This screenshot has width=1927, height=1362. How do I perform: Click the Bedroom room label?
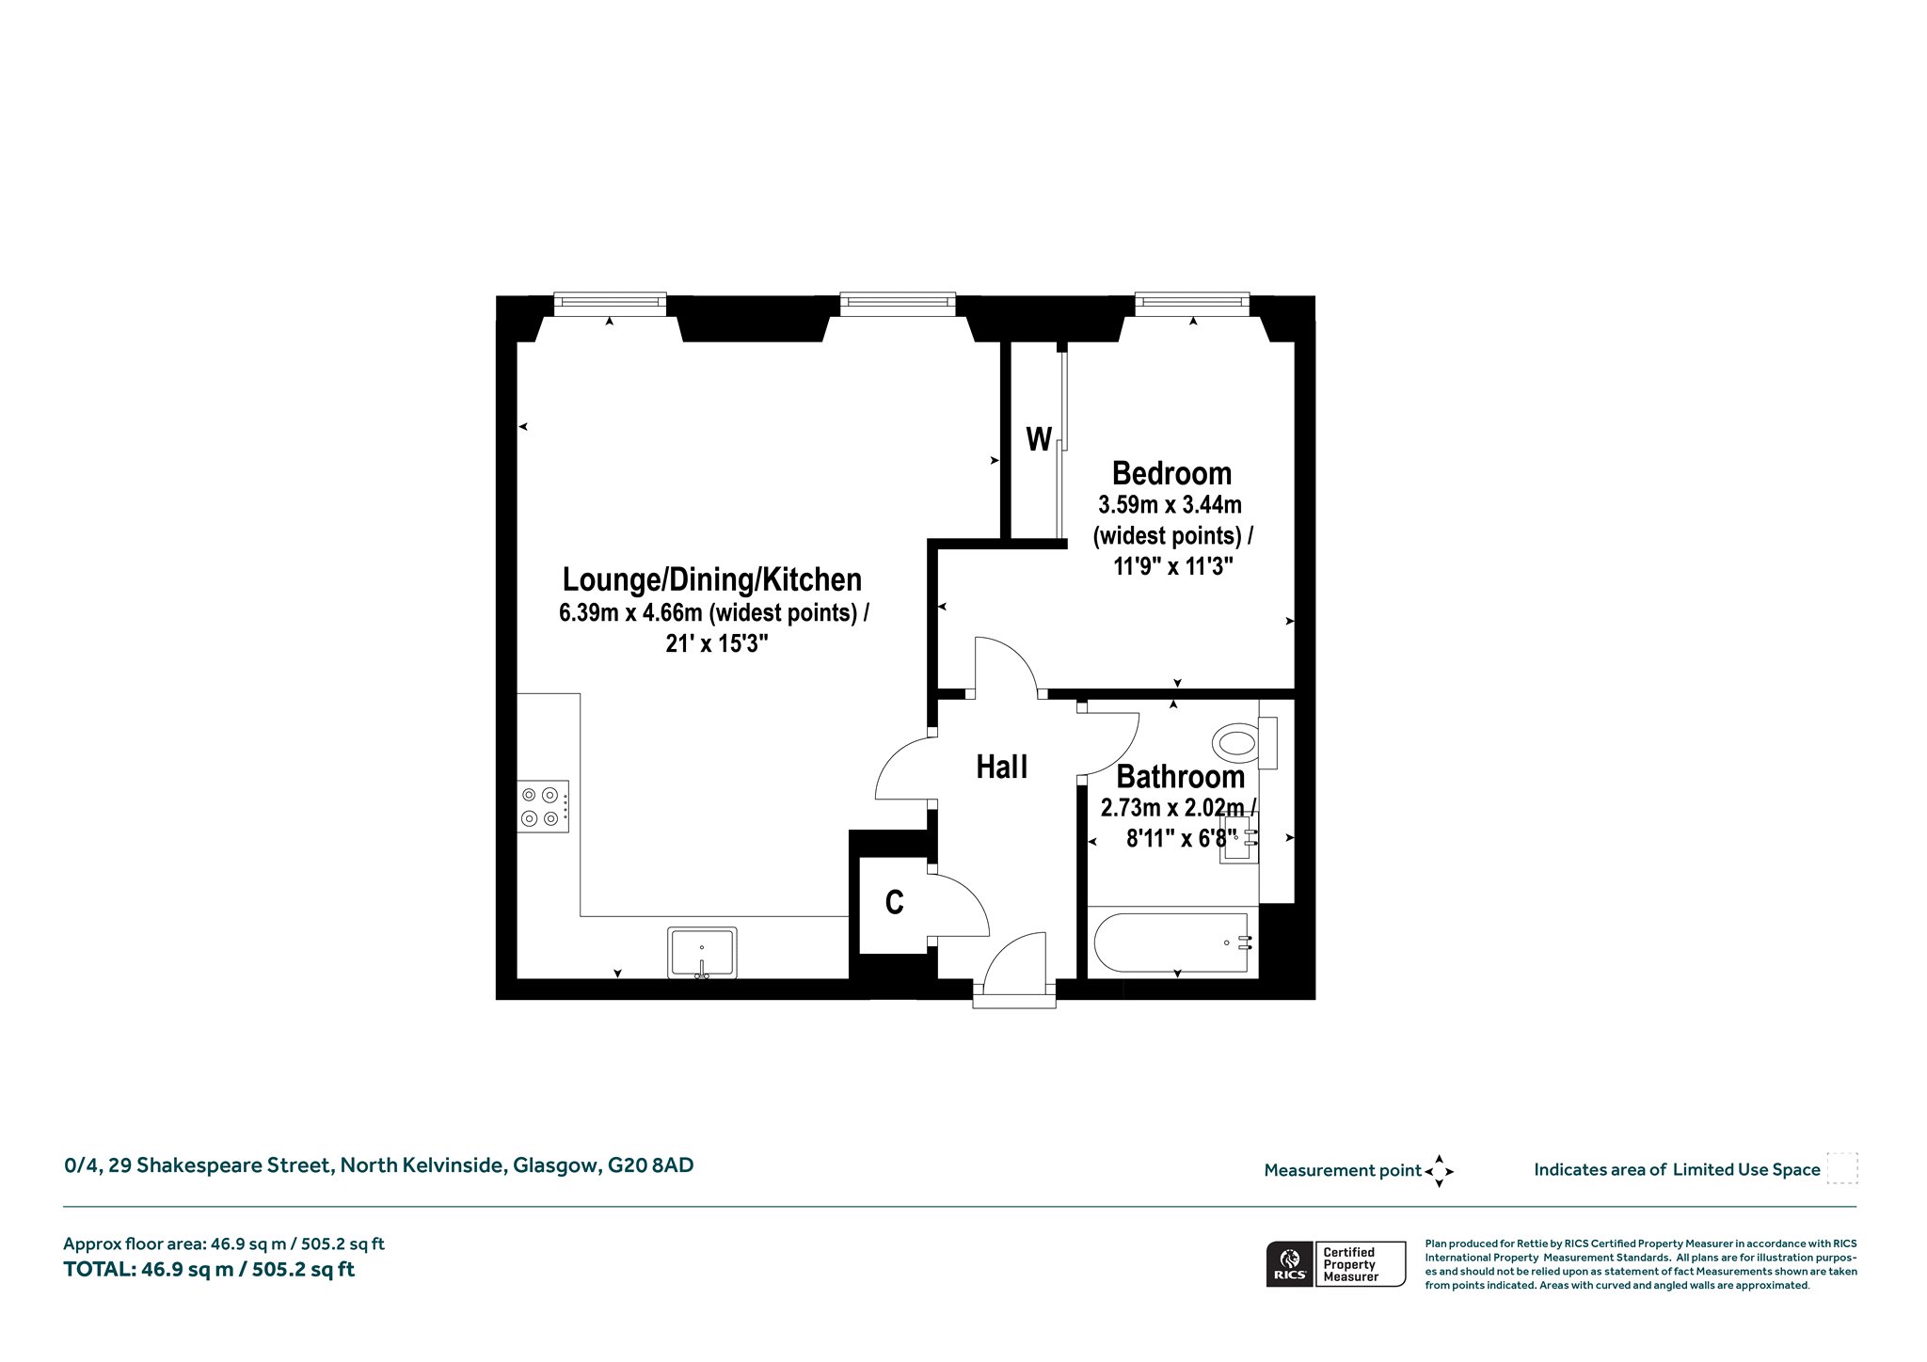(x=1171, y=472)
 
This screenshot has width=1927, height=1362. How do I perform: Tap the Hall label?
(x=1002, y=768)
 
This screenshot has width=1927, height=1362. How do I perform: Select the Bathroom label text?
(x=1181, y=777)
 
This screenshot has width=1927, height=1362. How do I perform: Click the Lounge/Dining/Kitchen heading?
(x=712, y=578)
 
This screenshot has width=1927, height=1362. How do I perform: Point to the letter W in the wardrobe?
(x=1039, y=439)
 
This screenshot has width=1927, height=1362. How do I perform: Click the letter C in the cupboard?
(x=895, y=903)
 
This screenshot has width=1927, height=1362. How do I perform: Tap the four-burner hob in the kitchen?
(x=543, y=806)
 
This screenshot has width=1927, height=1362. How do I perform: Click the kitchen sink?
(x=702, y=953)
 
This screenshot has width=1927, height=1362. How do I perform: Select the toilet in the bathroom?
(x=1245, y=743)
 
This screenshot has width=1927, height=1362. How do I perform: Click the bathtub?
(x=1172, y=943)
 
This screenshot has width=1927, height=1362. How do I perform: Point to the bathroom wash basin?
(x=1240, y=838)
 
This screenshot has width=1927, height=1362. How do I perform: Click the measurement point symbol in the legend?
(x=1439, y=1171)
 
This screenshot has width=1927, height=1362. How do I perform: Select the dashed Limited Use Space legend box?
(x=1842, y=1168)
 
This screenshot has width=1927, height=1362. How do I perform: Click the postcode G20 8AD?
(x=651, y=1165)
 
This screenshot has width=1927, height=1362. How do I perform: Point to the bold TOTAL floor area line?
(x=209, y=1269)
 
